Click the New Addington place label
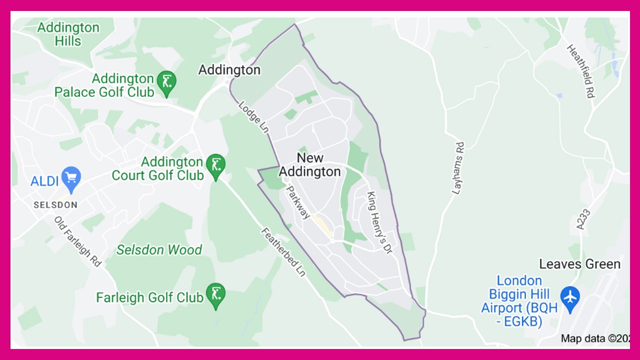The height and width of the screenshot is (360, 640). (x=310, y=165)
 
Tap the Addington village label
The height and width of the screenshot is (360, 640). (x=229, y=70)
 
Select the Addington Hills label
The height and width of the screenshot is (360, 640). (x=68, y=34)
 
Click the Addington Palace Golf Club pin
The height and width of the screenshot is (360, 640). (x=166, y=82)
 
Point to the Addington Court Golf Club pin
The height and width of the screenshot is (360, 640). (x=215, y=165)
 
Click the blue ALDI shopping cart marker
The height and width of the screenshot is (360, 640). (x=71, y=178)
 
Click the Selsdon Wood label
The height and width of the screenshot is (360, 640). (x=159, y=249)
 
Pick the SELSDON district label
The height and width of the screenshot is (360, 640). (x=55, y=205)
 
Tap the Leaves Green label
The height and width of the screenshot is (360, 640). (x=579, y=264)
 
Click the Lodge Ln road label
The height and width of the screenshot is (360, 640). (x=254, y=117)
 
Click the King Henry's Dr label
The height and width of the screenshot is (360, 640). (x=380, y=222)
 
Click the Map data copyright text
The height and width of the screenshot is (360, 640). (x=595, y=338)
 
